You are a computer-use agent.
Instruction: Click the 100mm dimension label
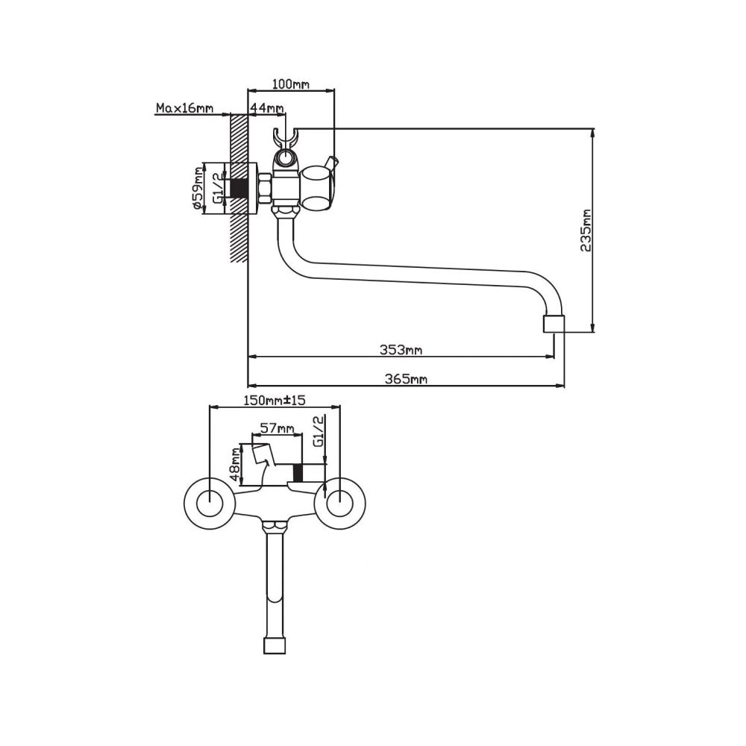point(290,85)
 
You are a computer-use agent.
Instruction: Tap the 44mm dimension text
point(267,108)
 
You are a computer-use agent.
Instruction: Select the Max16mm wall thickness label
point(184,108)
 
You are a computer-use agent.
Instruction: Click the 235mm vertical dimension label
point(586,231)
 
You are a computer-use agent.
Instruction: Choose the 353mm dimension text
point(401,350)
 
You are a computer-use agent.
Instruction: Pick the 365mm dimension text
point(405,379)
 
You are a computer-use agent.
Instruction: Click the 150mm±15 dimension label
point(275,401)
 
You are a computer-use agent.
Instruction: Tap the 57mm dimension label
point(278,428)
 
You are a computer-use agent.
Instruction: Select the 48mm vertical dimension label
point(233,464)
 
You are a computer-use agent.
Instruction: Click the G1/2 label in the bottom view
point(319,431)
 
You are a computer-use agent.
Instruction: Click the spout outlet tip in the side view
point(554,324)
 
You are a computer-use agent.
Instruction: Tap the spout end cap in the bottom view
point(275,646)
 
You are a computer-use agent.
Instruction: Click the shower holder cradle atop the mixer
point(286,148)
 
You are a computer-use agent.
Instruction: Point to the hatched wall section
point(239,188)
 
